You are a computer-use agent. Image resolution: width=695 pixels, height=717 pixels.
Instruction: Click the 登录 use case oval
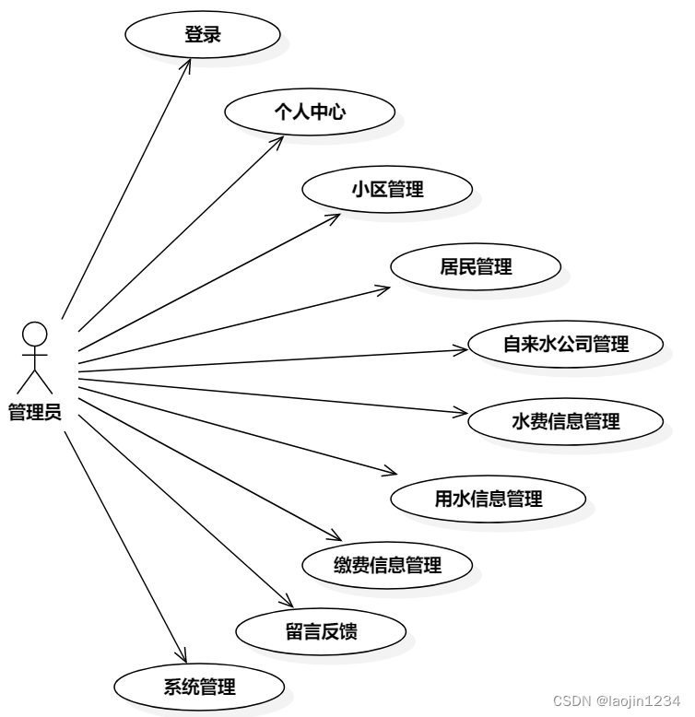coord(202,35)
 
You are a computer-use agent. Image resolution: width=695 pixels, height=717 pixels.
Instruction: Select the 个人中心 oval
coord(310,112)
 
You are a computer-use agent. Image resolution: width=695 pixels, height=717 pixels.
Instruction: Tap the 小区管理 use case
coord(387,190)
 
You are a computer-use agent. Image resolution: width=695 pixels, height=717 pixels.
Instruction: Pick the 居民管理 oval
coord(475,267)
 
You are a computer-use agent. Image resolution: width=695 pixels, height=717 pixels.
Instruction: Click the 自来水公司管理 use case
coord(565,345)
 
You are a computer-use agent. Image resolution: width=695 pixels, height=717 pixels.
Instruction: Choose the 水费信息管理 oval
coord(565,422)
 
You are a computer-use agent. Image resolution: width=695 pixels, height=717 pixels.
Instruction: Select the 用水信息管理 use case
coord(488,500)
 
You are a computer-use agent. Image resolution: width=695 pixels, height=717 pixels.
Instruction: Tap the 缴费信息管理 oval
coord(387,565)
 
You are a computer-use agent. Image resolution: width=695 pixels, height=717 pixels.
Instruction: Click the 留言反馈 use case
coord(321,632)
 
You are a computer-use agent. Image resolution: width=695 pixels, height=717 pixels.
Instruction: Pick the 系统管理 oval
coord(199,687)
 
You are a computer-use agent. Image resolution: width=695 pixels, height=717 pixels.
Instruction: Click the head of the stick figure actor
coord(35,332)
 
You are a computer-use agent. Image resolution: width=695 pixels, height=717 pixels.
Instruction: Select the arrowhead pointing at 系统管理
coord(182,658)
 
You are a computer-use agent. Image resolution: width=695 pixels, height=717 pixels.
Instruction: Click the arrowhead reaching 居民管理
coord(386,289)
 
